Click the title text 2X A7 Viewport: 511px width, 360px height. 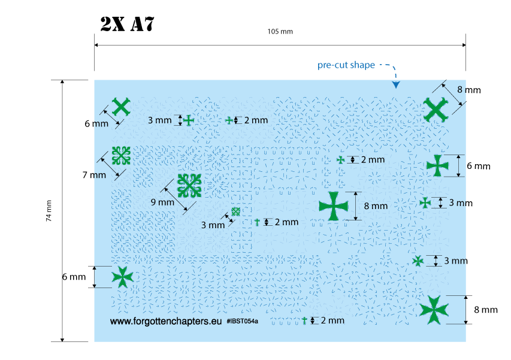click(128, 24)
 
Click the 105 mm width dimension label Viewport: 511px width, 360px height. click(280, 31)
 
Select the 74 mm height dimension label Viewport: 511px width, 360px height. click(49, 211)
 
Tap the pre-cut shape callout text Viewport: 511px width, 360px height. click(346, 65)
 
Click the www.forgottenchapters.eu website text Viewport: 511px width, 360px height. click(166, 322)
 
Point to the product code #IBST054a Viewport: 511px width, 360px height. click(243, 322)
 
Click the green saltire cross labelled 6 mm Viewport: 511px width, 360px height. click(121, 107)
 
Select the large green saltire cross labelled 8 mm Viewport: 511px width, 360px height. click(436, 108)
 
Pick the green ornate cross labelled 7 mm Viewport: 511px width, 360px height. click(122, 156)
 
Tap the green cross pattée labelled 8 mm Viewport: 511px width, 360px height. click(333, 206)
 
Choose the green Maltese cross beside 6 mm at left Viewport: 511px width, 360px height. click(123, 276)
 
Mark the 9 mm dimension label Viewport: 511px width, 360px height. click(161, 202)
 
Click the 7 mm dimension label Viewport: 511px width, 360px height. click(93, 175)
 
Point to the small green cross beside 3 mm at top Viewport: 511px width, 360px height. click(189, 120)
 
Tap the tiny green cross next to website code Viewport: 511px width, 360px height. click(304, 320)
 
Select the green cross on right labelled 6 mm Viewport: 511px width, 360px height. click(438, 165)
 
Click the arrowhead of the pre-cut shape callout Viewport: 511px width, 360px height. click(395, 86)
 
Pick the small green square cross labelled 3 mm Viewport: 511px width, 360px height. click(236, 211)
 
